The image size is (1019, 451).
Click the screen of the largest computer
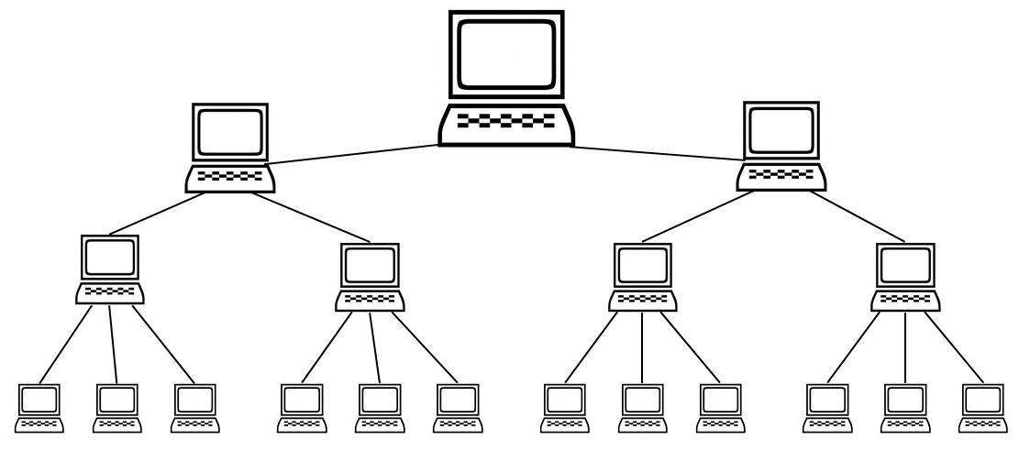point(506,54)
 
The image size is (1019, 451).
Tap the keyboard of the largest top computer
point(506,122)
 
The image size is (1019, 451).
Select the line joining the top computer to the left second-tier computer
point(353,155)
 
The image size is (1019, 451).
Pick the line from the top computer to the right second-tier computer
point(656,154)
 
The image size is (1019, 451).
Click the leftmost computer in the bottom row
point(40,408)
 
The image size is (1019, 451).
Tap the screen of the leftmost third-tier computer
point(110,258)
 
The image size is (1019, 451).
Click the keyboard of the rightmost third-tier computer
point(906,298)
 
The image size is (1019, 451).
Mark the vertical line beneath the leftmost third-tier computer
point(113,345)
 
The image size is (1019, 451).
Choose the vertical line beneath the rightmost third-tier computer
point(906,345)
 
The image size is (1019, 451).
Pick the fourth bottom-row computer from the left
point(300,408)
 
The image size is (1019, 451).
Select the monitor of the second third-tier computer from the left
point(371,264)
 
